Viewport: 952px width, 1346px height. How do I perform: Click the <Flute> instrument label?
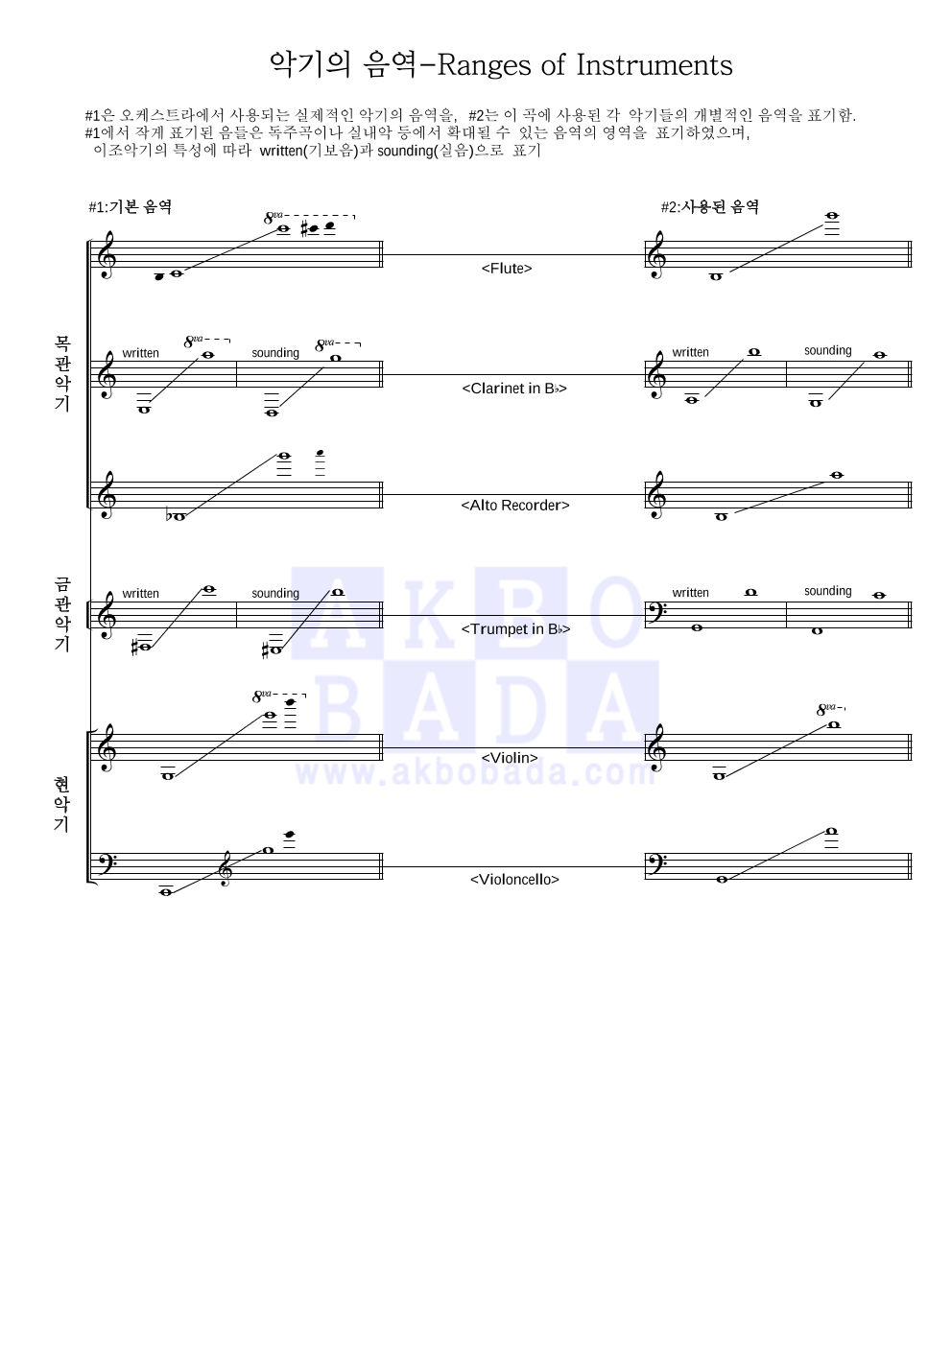[507, 268]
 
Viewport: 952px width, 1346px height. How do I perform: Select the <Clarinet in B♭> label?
[514, 389]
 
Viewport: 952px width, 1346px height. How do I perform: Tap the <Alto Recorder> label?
[515, 506]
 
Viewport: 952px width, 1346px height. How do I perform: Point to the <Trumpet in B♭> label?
[515, 628]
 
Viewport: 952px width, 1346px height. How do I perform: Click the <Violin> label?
[510, 758]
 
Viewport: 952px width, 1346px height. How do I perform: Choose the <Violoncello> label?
[514, 879]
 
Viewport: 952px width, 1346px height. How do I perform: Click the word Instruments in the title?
[654, 65]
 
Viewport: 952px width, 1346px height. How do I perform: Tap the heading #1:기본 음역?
[131, 207]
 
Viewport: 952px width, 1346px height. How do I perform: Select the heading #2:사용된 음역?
[710, 207]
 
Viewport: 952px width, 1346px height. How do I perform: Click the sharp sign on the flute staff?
[305, 229]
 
